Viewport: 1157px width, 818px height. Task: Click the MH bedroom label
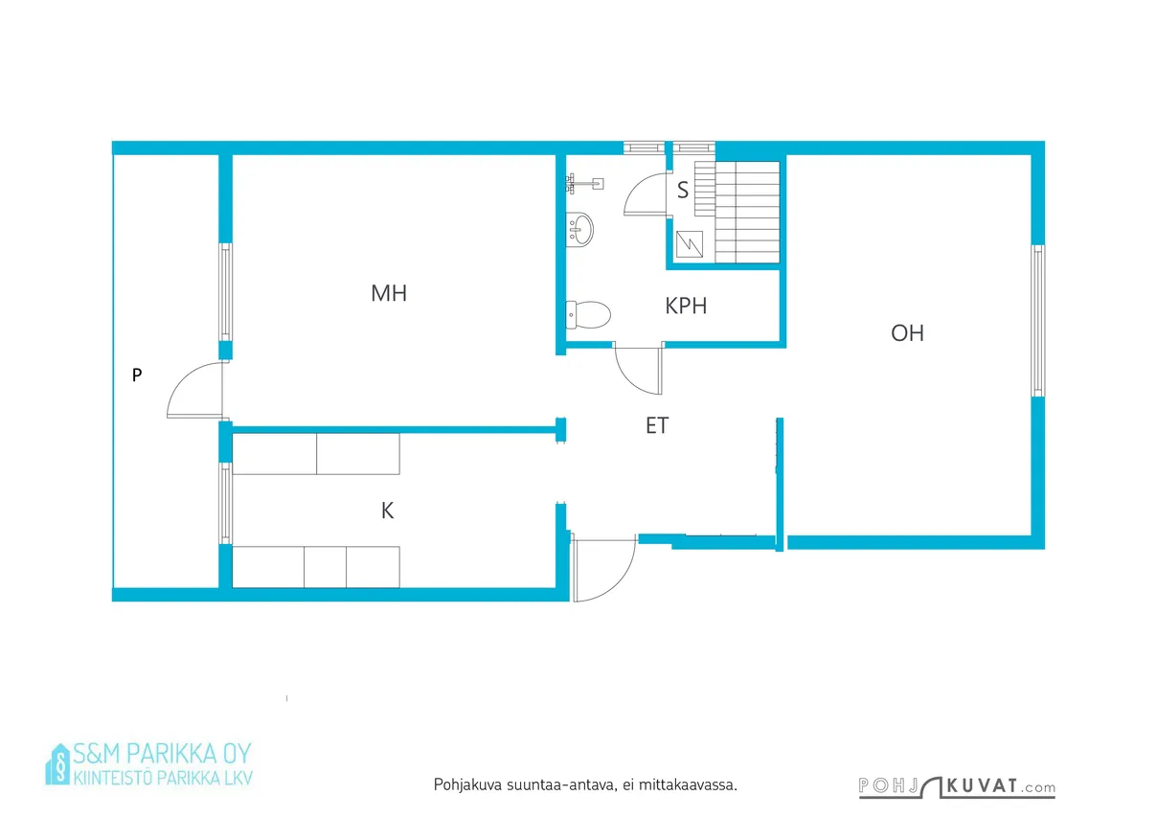point(389,293)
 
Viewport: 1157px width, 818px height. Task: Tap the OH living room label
point(908,333)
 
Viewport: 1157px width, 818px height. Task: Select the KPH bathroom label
point(686,306)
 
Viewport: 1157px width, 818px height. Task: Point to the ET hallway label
point(657,425)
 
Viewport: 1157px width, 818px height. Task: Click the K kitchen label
point(387,511)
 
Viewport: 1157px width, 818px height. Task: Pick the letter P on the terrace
point(137,375)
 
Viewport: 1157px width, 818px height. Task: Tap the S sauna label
point(683,190)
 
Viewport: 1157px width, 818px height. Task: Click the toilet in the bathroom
point(588,315)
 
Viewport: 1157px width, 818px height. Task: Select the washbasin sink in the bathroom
point(579,229)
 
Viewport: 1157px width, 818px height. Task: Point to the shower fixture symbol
point(584,183)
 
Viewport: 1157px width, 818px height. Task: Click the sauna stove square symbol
point(690,243)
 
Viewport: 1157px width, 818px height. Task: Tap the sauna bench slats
point(737,213)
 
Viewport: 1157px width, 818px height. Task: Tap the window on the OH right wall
point(1037,321)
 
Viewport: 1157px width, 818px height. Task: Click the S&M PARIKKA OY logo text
point(162,754)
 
